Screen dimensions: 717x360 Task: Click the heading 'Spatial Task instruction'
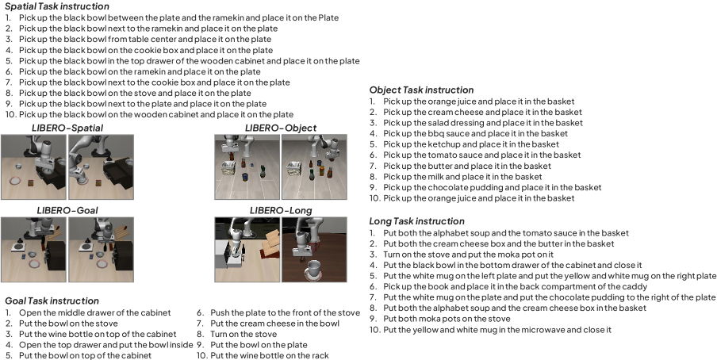click(57, 6)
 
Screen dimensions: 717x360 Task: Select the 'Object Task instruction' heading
click(422, 90)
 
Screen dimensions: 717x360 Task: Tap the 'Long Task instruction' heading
click(417, 221)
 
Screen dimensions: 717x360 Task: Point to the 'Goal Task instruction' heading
click(52, 301)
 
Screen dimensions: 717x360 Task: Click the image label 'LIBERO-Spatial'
click(67, 128)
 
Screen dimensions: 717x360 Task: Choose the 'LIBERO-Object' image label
click(281, 128)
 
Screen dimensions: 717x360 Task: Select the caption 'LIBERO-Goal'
click(67, 210)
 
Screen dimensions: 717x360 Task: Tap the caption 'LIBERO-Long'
click(281, 210)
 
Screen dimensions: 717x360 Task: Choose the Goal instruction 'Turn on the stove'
click(243, 334)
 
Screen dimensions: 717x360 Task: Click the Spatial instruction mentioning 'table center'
click(145, 40)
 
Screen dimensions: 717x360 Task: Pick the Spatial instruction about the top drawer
click(190, 61)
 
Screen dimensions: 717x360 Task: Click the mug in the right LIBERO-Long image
click(314, 269)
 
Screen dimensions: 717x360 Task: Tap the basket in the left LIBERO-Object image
click(228, 169)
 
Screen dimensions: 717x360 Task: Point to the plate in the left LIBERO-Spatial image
click(15, 181)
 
